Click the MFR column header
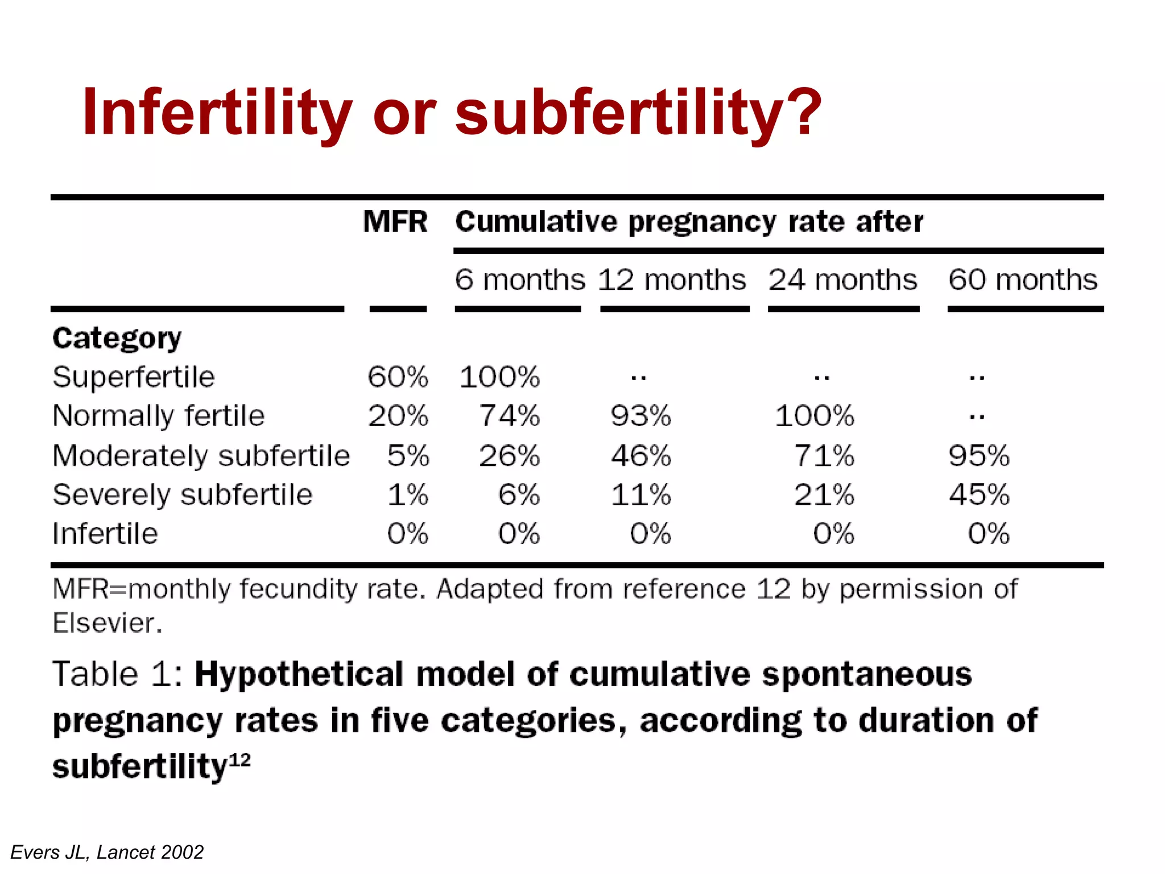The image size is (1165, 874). tap(395, 221)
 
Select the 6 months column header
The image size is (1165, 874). tap(519, 280)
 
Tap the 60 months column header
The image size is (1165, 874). tap(1023, 280)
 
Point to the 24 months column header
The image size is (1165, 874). tap(842, 280)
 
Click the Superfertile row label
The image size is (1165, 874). tap(134, 377)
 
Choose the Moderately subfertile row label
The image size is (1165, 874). tap(201, 456)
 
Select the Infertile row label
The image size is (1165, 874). tap(105, 534)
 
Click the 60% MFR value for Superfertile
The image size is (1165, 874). tap(398, 377)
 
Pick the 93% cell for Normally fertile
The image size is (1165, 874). tap(641, 416)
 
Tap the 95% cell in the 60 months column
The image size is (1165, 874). tap(978, 456)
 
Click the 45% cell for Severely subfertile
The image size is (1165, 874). tap(978, 494)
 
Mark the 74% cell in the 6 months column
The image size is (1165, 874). tap(509, 416)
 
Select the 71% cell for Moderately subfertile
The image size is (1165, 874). tap(824, 456)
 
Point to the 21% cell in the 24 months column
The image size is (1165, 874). tap(824, 494)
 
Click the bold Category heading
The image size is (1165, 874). tap(117, 339)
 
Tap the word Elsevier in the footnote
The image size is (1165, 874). tap(107, 623)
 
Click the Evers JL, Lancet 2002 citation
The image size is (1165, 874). tap(107, 852)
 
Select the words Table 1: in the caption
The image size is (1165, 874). tap(117, 675)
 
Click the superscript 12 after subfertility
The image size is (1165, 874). tap(240, 760)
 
